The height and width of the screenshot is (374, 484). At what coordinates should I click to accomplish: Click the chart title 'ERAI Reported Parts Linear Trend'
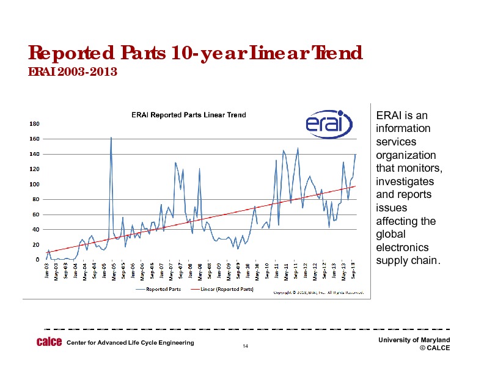[x=189, y=114]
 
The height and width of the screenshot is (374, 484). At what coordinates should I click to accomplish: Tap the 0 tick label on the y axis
[x=37, y=260]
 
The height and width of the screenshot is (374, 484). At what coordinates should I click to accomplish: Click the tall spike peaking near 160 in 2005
[x=111, y=139]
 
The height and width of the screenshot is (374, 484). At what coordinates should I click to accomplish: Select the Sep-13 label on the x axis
[x=354, y=269]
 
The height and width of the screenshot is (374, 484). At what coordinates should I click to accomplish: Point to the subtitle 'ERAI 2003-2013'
[x=73, y=73]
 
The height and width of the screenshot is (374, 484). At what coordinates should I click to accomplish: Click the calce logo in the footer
[x=49, y=342]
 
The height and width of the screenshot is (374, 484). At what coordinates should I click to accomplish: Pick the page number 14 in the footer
[x=244, y=347]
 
